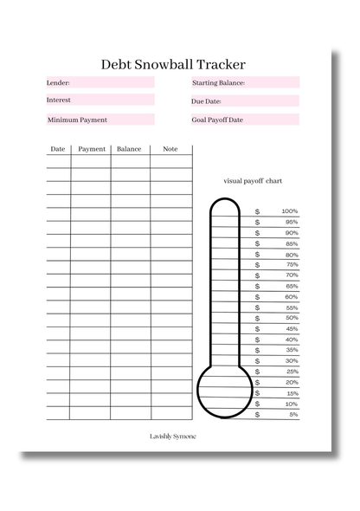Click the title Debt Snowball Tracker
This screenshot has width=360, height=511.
click(173, 64)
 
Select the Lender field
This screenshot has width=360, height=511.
click(100, 83)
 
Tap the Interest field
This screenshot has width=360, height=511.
click(100, 100)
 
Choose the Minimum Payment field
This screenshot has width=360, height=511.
click(100, 120)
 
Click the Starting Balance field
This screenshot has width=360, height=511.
click(245, 83)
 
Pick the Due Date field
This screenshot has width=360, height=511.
click(245, 101)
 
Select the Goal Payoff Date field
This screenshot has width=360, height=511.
click(245, 120)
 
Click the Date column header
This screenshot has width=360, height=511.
click(58, 149)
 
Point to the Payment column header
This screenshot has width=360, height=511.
click(92, 149)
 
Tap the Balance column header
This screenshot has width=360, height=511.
click(129, 149)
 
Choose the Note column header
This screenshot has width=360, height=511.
click(170, 149)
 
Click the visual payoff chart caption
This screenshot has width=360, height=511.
click(253, 181)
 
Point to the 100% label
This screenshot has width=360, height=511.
click(289, 211)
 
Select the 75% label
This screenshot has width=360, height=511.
click(292, 265)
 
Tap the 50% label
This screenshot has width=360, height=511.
click(292, 318)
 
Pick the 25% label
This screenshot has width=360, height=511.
click(292, 372)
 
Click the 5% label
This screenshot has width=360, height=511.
click(293, 414)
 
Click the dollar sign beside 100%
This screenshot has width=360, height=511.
click(257, 211)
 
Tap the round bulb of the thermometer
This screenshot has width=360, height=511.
click(225, 386)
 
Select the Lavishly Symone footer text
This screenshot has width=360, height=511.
click(173, 437)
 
